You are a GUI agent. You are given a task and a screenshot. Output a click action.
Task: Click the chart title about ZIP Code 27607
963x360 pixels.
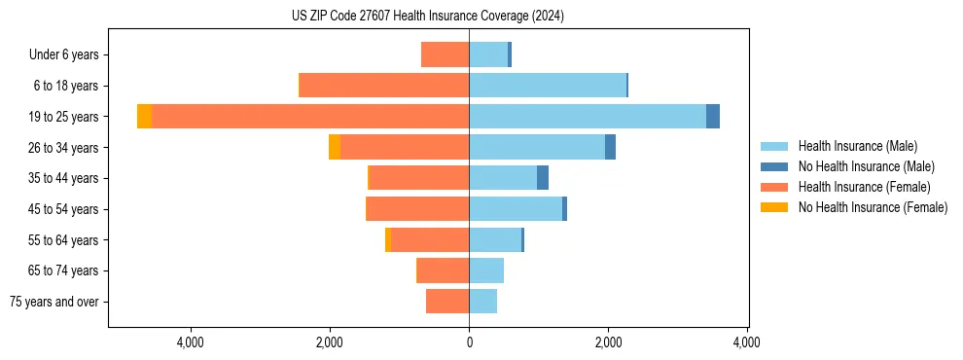click(427, 17)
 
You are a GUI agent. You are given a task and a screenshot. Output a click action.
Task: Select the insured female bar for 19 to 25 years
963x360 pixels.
click(310, 117)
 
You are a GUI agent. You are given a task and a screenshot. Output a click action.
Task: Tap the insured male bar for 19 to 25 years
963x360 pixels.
click(588, 117)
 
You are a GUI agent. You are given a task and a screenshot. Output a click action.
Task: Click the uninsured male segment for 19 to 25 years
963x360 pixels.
click(713, 117)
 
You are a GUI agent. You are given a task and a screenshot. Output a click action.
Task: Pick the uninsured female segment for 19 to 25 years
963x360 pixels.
click(144, 117)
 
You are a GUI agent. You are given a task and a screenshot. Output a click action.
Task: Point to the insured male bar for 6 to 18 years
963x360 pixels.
click(548, 86)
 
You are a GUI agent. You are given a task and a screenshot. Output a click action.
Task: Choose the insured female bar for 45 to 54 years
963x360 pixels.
click(417, 209)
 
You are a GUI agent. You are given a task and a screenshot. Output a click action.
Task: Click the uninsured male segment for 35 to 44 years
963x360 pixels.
click(543, 178)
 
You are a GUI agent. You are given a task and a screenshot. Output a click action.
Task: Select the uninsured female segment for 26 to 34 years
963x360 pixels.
click(335, 147)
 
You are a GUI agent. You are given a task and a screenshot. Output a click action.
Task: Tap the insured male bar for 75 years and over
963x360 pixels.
click(482, 302)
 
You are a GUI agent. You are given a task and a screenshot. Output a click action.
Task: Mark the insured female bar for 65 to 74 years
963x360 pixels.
click(443, 270)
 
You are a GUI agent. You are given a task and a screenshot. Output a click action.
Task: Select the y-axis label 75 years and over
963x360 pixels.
click(54, 302)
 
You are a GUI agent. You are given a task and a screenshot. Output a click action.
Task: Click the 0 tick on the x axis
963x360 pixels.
click(469, 342)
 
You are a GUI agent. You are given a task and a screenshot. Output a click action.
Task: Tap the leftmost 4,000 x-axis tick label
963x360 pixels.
click(190, 342)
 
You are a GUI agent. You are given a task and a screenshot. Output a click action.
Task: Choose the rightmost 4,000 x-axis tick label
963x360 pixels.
click(747, 342)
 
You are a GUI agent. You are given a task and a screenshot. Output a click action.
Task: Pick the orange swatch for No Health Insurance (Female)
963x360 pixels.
click(774, 207)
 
